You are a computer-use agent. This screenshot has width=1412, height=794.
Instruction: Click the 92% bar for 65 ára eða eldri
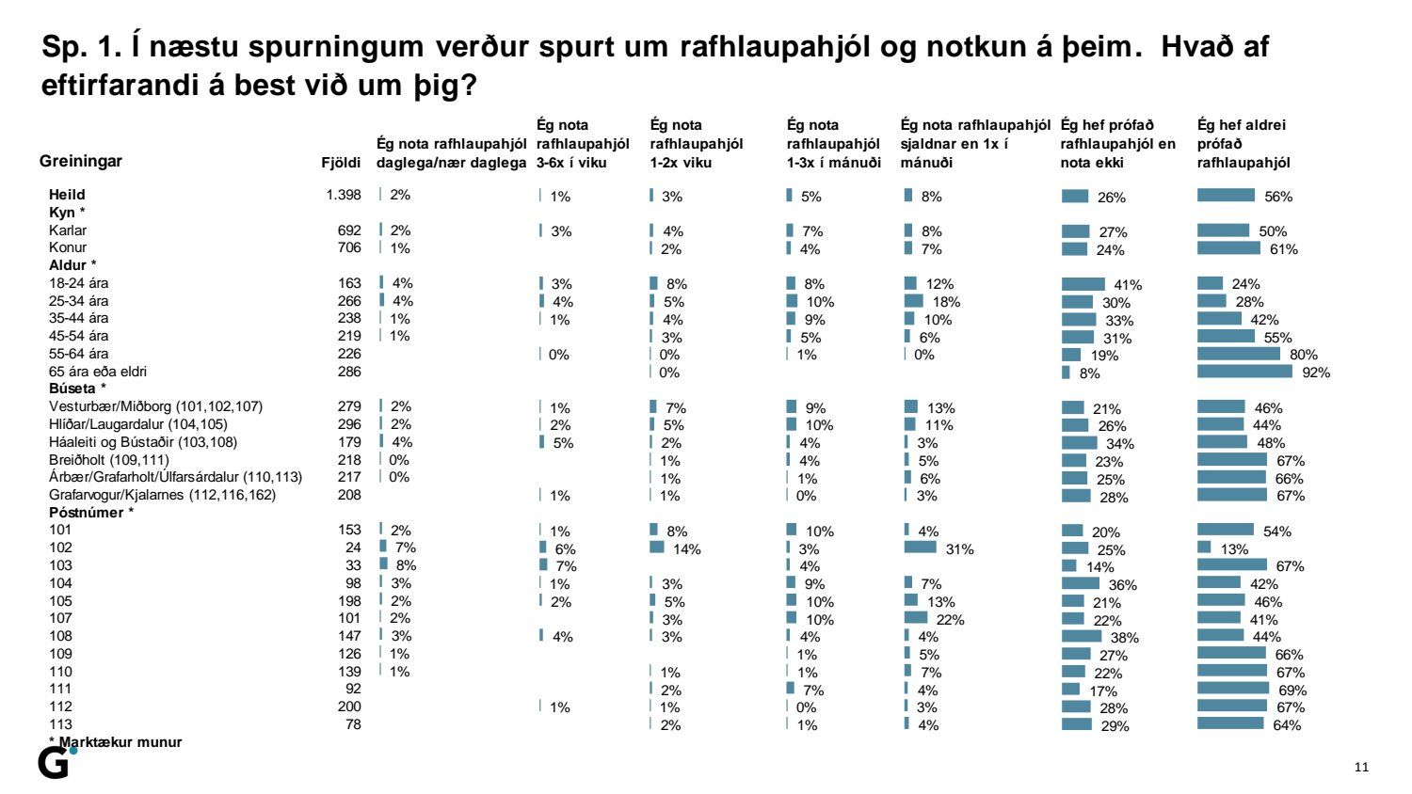[x=1244, y=372]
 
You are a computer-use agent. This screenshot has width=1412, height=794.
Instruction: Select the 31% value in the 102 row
[x=960, y=549]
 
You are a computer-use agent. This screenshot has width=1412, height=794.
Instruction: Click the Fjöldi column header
[x=341, y=162]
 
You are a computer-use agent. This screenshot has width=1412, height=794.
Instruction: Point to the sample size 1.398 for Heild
[x=343, y=195]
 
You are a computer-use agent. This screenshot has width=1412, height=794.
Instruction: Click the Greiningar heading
[x=81, y=161]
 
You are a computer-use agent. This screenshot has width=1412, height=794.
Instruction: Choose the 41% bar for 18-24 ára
[x=1083, y=284]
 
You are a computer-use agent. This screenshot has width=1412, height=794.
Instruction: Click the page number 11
[x=1361, y=767]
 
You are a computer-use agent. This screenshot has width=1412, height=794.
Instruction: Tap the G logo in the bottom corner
[x=55, y=763]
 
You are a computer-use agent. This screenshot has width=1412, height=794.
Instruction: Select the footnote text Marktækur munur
[x=120, y=742]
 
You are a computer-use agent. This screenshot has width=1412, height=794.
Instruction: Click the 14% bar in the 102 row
[x=656, y=548]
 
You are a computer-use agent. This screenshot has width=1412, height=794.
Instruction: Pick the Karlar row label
[x=68, y=230]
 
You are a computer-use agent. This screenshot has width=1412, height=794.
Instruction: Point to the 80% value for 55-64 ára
[x=1304, y=355]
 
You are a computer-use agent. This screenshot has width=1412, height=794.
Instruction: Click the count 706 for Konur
[x=349, y=247]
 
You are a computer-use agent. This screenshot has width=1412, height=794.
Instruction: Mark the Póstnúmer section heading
[x=90, y=513]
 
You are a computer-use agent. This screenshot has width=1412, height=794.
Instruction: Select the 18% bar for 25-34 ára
[x=913, y=301]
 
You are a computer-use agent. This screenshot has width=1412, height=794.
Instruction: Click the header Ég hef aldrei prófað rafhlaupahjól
[x=1243, y=143]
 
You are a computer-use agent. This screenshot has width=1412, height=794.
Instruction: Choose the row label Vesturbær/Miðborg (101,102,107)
[x=155, y=406]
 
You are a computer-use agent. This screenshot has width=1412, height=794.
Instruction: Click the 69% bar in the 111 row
[x=1232, y=689]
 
